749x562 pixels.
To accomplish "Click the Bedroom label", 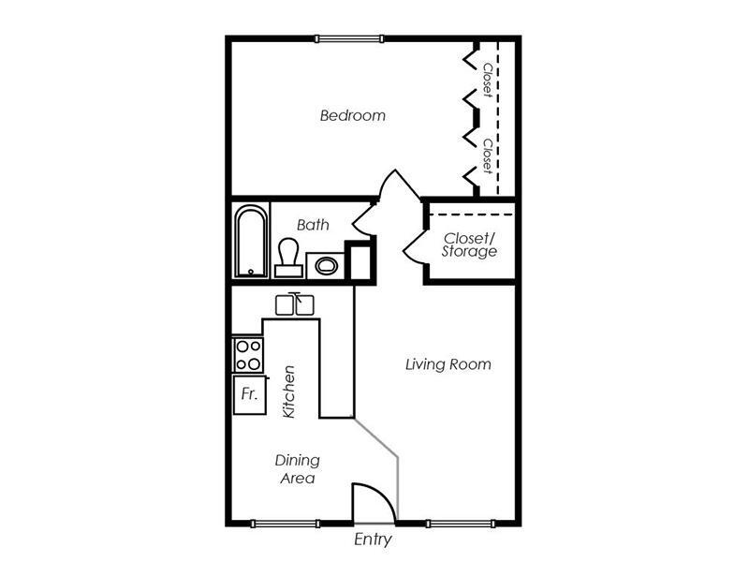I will [353, 116].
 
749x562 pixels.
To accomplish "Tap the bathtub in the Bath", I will [250, 242].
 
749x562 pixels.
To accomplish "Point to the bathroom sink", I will [325, 266].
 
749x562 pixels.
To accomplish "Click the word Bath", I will [313, 225].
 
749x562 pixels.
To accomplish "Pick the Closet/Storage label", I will [470, 244].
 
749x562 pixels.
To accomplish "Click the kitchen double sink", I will [297, 304].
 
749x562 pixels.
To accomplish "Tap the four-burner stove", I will [248, 355].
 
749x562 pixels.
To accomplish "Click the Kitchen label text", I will [289, 392].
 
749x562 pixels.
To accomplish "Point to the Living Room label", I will [448, 363].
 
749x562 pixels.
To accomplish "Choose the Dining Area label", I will [298, 469].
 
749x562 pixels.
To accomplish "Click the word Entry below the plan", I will [373, 540].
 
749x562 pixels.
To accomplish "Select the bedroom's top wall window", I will [348, 38].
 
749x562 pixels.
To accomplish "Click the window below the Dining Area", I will [286, 523].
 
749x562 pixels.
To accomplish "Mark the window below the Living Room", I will [459, 523].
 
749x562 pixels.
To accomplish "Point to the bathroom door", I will [363, 221].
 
